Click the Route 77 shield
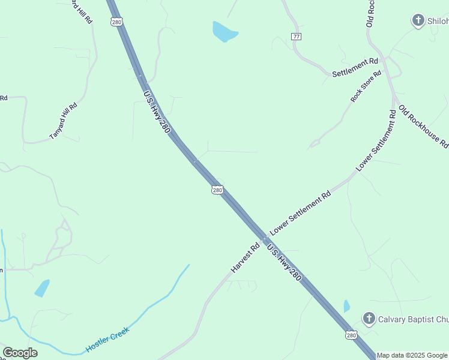pyautogui.click(x=296, y=37)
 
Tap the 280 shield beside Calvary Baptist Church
pyautogui.click(x=351, y=334)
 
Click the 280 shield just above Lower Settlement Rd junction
pyautogui.click(x=217, y=190)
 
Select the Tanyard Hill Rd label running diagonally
pyautogui.click(x=64, y=121)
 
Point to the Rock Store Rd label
pyautogui.click(x=366, y=86)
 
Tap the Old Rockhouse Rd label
pyautogui.click(x=424, y=127)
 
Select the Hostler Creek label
pyautogui.click(x=107, y=339)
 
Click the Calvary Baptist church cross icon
pyautogui.click(x=369, y=319)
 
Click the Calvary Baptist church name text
pyautogui.click(x=413, y=319)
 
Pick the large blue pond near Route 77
pyautogui.click(x=224, y=32)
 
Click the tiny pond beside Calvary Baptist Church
pyautogui.click(x=346, y=307)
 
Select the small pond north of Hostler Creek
pyautogui.click(x=42, y=288)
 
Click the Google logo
pyautogui.click(x=20, y=353)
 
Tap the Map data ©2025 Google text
pyautogui.click(x=412, y=355)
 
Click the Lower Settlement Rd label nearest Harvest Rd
pyautogui.click(x=300, y=213)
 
